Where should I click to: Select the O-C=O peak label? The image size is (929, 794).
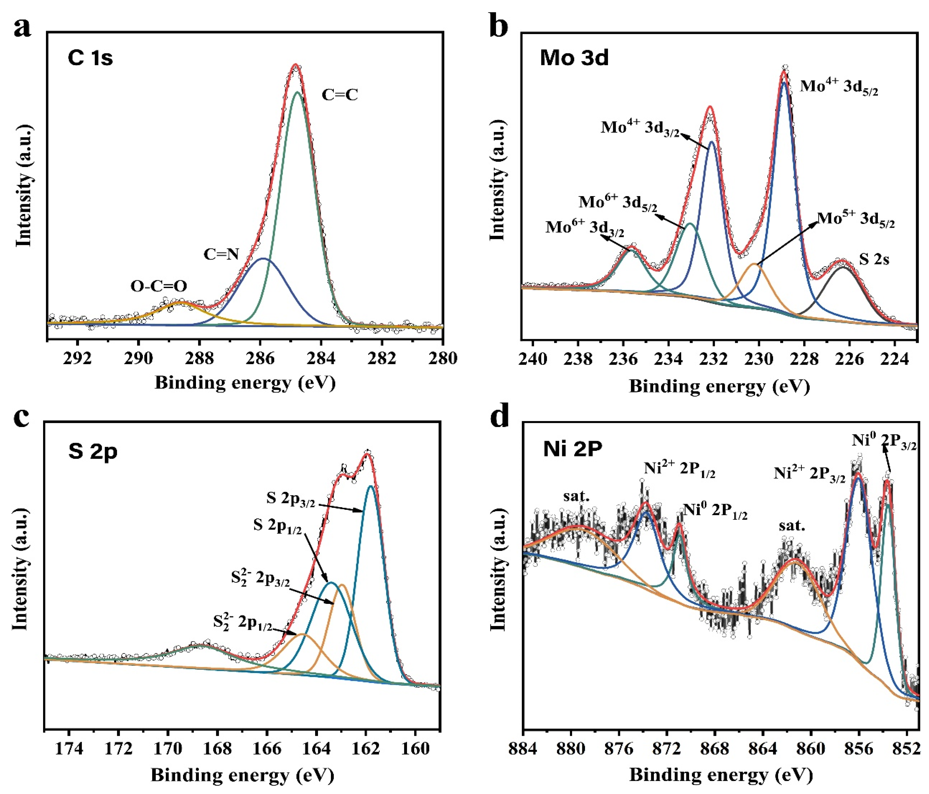[159, 286]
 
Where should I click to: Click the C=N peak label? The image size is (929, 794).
[221, 254]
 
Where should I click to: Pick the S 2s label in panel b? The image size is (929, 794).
[874, 259]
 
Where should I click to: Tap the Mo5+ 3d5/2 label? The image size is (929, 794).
[856, 219]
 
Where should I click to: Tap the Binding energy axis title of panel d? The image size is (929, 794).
[721, 775]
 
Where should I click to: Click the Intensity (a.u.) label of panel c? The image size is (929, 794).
[21, 570]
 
